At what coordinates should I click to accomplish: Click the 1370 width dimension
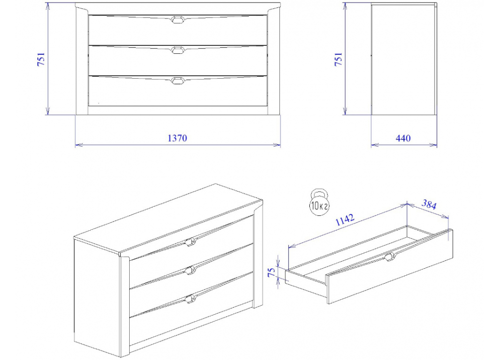[177, 138]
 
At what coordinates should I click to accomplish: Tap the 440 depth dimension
[403, 138]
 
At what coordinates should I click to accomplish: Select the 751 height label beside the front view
[41, 59]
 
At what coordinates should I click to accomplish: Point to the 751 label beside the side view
[338, 59]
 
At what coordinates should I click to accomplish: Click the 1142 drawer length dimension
[345, 219]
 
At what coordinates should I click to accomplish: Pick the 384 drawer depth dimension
[429, 204]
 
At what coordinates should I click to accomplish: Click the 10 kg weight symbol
[319, 202]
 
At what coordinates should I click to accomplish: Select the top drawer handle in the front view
[178, 19]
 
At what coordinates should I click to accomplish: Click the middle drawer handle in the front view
[178, 50]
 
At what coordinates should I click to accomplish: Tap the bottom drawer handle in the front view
[178, 80]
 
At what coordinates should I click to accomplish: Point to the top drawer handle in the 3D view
[190, 242]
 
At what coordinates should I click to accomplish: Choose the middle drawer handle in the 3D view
[190, 271]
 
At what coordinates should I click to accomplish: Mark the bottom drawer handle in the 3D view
[190, 299]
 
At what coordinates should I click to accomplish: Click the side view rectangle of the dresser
[404, 59]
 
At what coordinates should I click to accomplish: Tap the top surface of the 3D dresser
[169, 218]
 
